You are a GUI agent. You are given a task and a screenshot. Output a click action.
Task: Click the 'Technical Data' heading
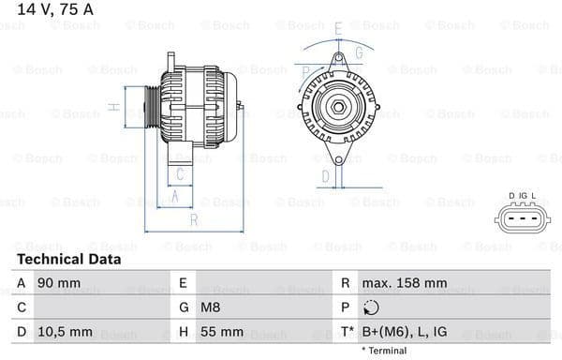68,259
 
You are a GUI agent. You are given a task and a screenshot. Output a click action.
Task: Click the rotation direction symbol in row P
371,307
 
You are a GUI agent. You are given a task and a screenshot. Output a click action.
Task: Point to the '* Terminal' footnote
383,351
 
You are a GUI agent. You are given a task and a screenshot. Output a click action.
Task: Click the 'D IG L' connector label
523,196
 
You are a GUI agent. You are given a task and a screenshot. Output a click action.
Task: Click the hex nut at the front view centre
335,107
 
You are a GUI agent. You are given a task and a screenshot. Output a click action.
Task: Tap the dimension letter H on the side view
113,108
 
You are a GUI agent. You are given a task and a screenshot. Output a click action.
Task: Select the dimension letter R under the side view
193,220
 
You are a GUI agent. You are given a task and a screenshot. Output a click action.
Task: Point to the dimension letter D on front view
325,174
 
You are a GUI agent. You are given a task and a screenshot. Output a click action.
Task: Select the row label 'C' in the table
21,307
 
